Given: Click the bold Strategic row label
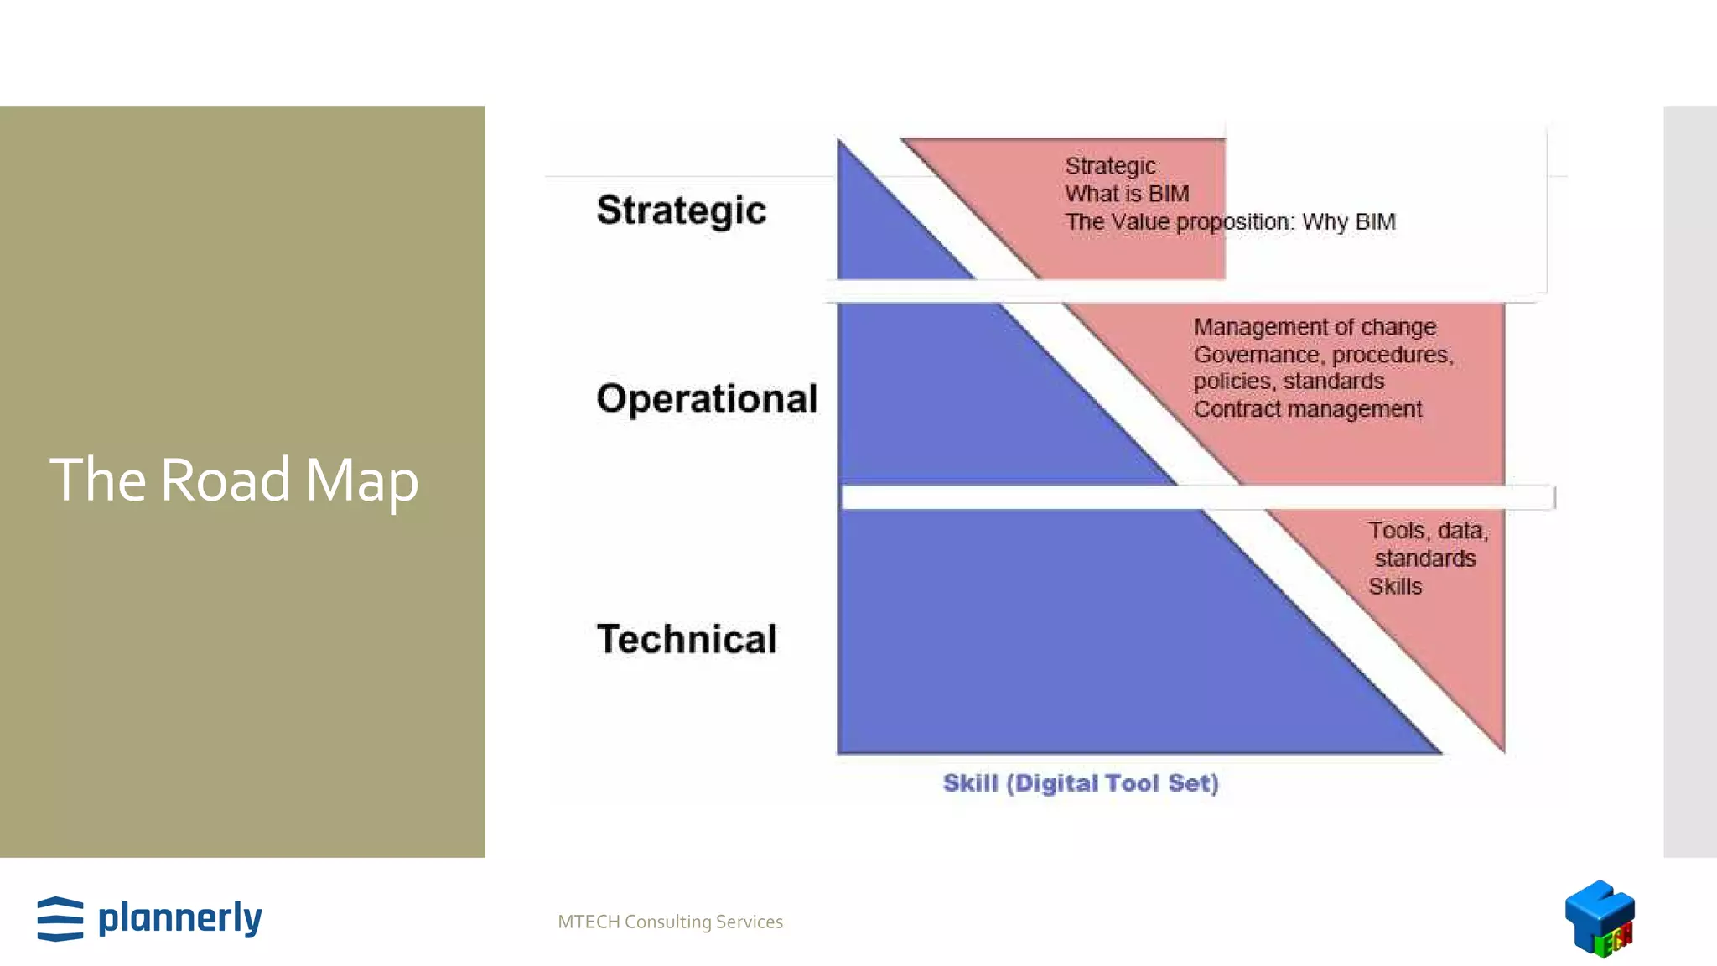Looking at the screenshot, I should (x=681, y=210).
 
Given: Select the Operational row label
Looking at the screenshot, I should (x=707, y=398).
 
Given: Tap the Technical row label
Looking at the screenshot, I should (x=687, y=639).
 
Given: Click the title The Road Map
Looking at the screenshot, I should (x=234, y=480).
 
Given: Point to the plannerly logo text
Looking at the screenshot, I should (x=180, y=917).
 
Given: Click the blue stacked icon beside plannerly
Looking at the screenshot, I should (x=60, y=919).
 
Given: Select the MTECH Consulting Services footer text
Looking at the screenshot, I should (x=670, y=922).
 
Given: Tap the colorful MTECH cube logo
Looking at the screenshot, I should (x=1600, y=918).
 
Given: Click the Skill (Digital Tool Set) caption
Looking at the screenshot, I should (x=1080, y=783).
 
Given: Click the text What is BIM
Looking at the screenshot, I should (x=1127, y=194).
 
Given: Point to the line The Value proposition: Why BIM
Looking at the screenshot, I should (x=1230, y=222).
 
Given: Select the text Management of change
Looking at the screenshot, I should (x=1314, y=327).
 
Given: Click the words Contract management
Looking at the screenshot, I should (x=1307, y=409).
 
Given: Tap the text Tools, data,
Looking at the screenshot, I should (x=1428, y=531).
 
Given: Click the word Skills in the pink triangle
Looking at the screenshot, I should (x=1395, y=587).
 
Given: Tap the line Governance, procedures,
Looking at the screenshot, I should (x=1323, y=355).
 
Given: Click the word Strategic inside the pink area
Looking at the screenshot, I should (x=1110, y=166).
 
